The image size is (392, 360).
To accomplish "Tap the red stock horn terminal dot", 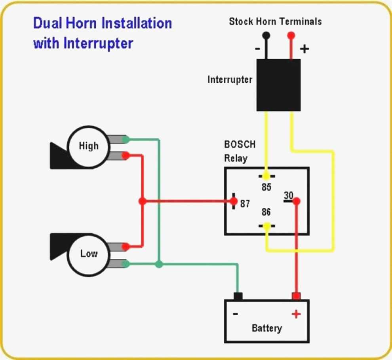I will click(291, 35).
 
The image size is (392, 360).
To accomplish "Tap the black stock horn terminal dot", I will click(266, 35).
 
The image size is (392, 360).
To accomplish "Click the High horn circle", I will click(88, 146).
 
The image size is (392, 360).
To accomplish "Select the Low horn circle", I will click(88, 253).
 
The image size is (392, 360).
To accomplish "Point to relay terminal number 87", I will click(245, 204).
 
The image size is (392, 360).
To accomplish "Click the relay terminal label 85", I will click(266, 187).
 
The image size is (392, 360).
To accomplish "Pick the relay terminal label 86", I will click(266, 212).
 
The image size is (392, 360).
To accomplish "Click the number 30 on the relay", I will click(289, 195).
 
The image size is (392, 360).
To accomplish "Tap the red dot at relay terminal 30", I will click(297, 201).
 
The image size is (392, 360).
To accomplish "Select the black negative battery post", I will click(238, 296).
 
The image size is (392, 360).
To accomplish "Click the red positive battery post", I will click(296, 296).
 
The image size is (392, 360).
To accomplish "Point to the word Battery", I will click(267, 328).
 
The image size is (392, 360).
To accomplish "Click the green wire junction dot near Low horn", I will click(159, 264).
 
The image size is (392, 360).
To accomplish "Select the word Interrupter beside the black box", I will click(230, 80).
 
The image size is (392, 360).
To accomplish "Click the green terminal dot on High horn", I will click(126, 139).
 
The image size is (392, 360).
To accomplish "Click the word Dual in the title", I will click(47, 23).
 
